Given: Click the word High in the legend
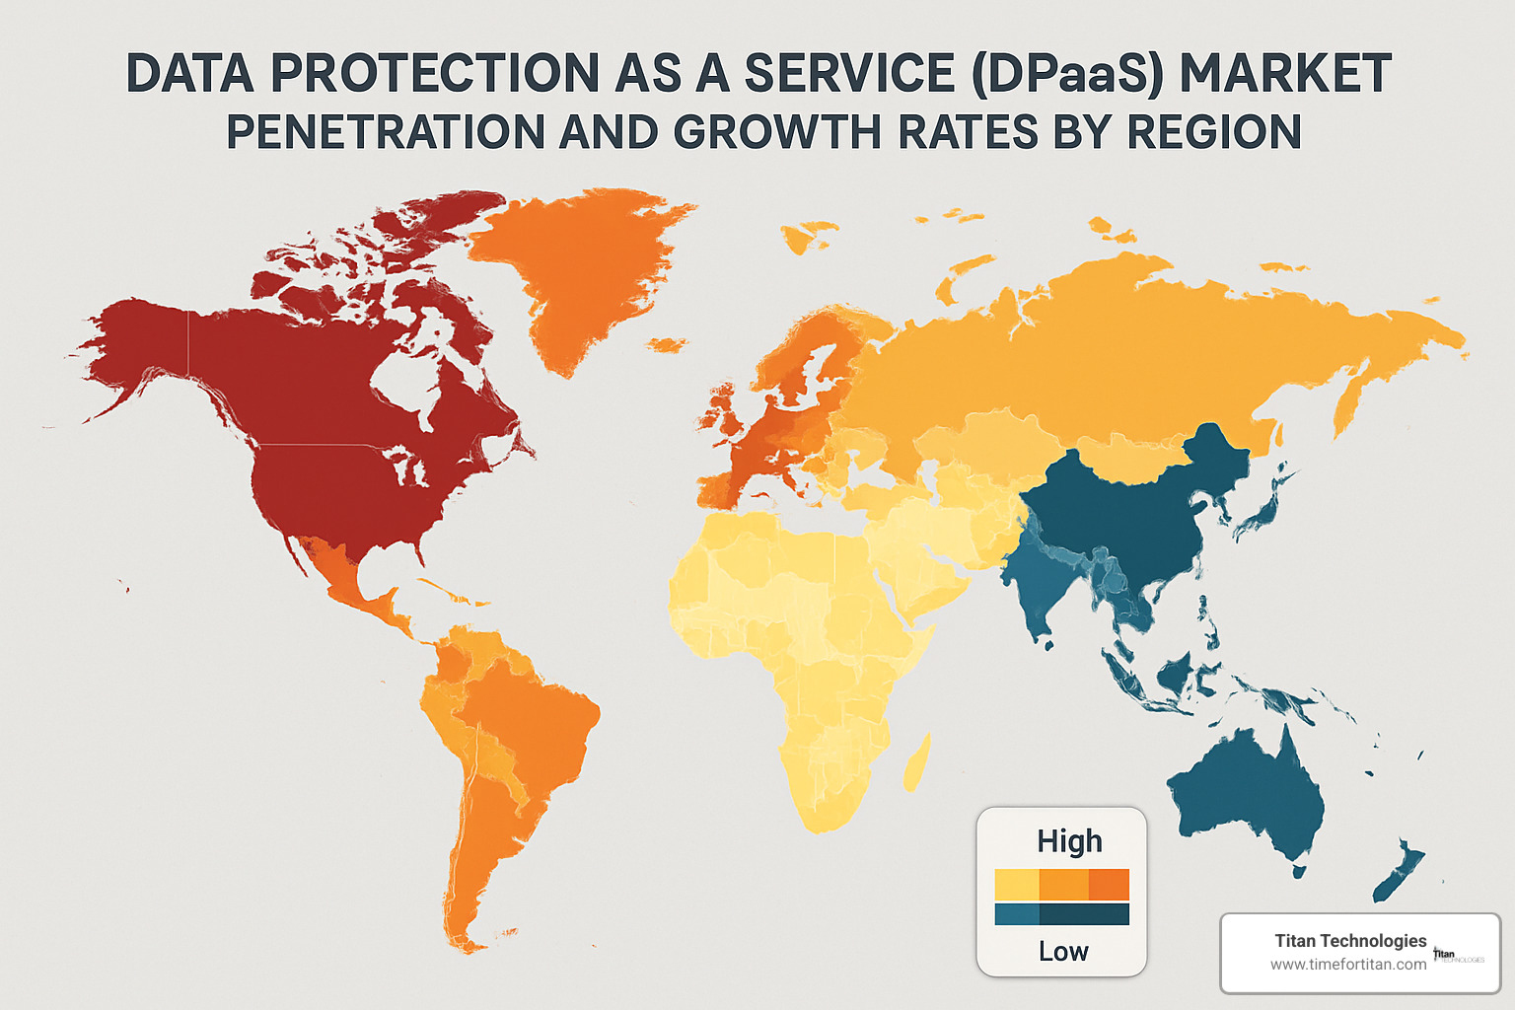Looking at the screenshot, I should (x=1069, y=841).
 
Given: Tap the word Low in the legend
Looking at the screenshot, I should (x=1063, y=952).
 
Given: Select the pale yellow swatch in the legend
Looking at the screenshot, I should (x=1017, y=885).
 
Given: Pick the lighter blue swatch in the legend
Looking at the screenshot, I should (x=1017, y=914).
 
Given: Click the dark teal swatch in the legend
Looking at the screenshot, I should (x=1084, y=914).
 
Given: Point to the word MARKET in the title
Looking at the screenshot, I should (x=1286, y=74).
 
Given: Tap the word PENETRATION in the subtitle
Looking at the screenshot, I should (x=386, y=132).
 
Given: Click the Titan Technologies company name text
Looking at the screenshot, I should (x=1350, y=940).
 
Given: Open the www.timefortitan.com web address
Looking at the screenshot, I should (x=1347, y=965).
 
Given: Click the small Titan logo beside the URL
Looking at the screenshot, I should (x=1456, y=956).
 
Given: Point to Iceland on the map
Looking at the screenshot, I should (x=669, y=344).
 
